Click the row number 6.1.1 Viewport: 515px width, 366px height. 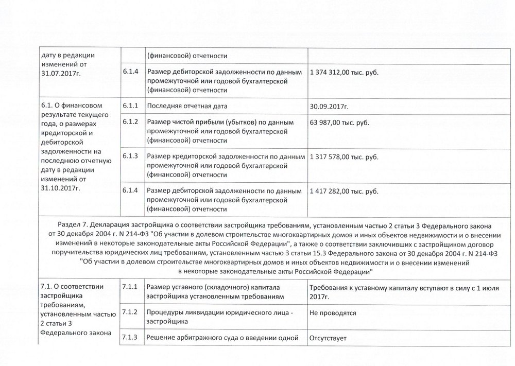click(131, 106)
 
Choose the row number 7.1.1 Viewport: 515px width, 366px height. click(131, 287)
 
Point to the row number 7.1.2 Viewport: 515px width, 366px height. click(131, 312)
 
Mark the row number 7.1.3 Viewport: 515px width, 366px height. click(131, 338)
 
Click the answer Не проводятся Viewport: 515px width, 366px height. click(333, 312)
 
